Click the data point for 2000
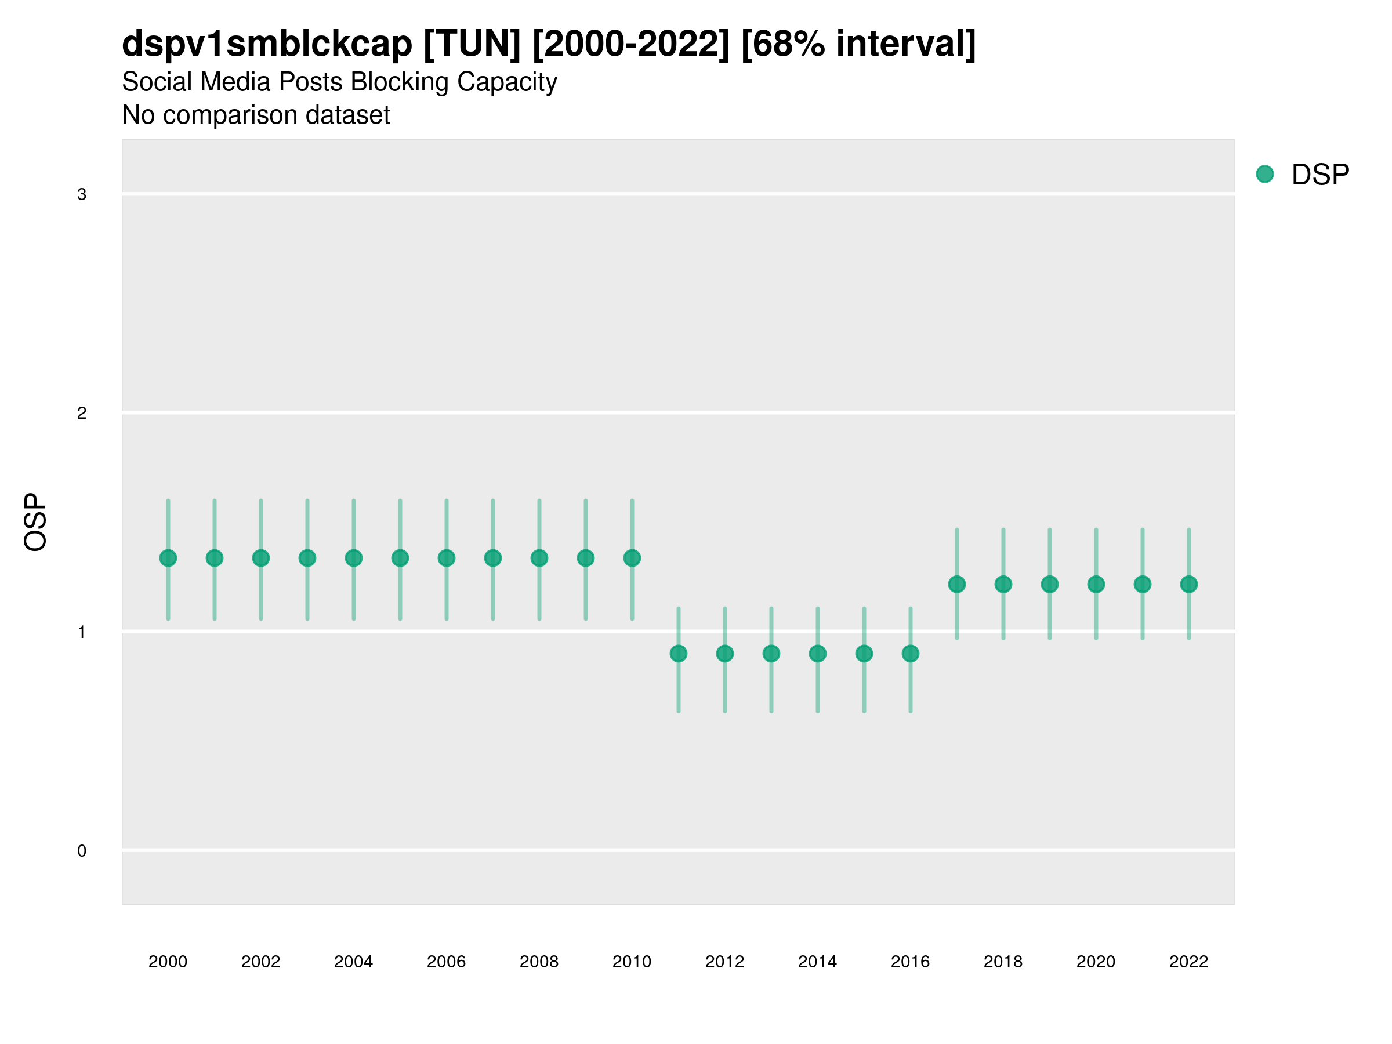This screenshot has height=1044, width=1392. pyautogui.click(x=168, y=558)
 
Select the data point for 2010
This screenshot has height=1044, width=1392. pyautogui.click(x=632, y=558)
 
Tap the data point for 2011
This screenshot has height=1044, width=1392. pyautogui.click(x=679, y=654)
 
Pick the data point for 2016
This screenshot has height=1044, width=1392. pyautogui.click(x=911, y=654)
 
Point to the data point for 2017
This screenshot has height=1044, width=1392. pyautogui.click(x=956, y=585)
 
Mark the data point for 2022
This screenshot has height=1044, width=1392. pyautogui.click(x=1189, y=585)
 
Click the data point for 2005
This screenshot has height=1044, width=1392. pyautogui.click(x=400, y=558)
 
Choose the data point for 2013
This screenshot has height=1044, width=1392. pyautogui.click(x=771, y=654)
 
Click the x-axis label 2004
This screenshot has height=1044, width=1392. pyautogui.click(x=354, y=962)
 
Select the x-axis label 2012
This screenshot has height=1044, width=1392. pyautogui.click(x=725, y=962)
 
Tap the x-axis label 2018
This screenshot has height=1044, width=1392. pyautogui.click(x=1003, y=962)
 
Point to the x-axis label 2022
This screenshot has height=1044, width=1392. pyautogui.click(x=1189, y=962)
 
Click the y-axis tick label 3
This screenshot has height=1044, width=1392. pyautogui.click(x=82, y=194)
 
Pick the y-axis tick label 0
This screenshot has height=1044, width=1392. pyautogui.click(x=82, y=851)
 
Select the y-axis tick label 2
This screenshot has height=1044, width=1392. pyautogui.click(x=82, y=414)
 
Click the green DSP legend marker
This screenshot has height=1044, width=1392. pyautogui.click(x=1265, y=175)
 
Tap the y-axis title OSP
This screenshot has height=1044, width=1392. pyautogui.click(x=36, y=523)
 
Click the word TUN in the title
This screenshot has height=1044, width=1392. pyautogui.click(x=472, y=44)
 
